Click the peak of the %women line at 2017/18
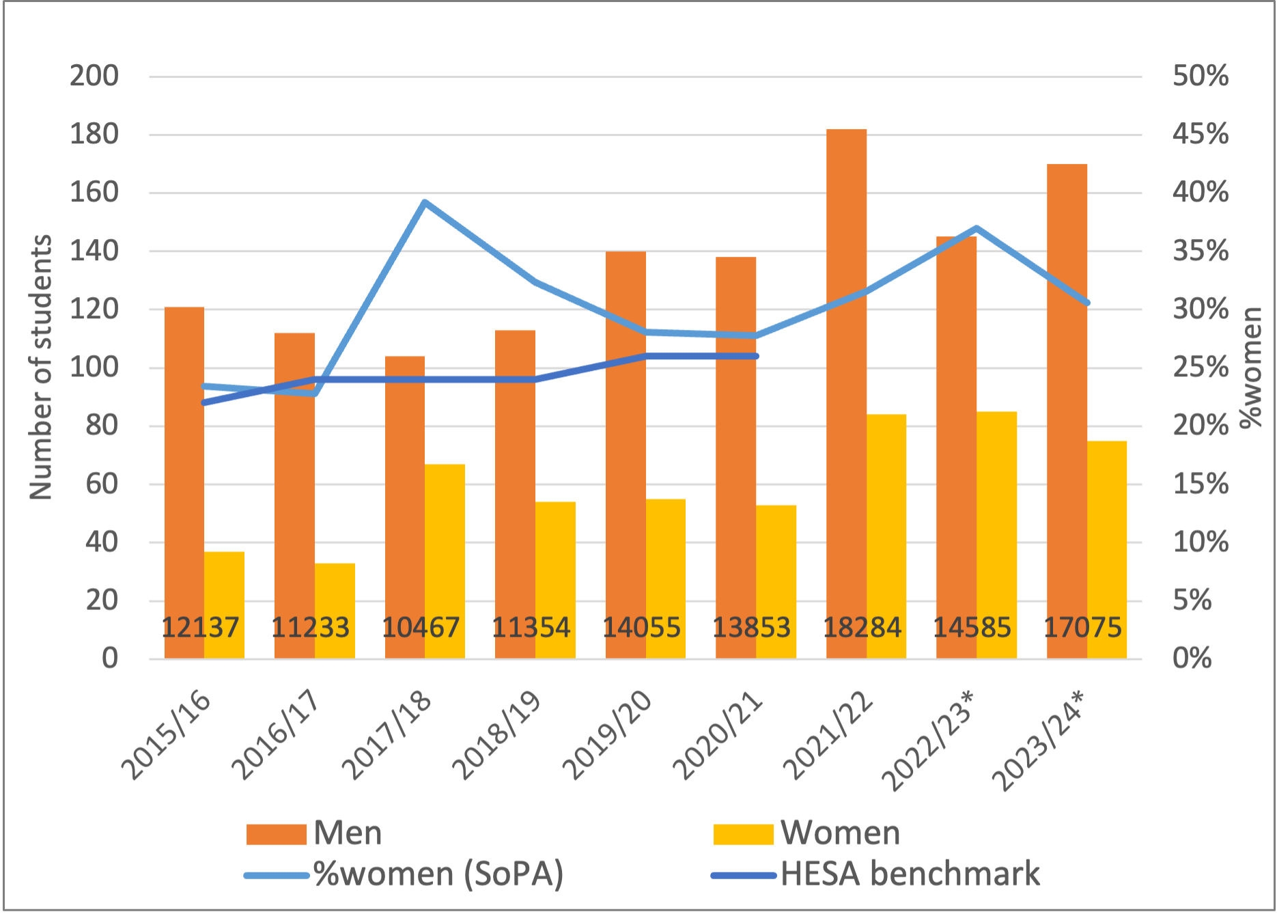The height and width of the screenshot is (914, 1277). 425,202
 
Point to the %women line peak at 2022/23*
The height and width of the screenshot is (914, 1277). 977,228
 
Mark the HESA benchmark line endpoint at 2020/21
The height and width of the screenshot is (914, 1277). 756,356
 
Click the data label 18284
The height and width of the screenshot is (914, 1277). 862,627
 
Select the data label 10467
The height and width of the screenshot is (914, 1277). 421,627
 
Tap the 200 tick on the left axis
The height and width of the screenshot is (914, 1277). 94,76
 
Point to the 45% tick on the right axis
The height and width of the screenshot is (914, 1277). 1200,134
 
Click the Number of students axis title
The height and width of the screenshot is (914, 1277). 41,368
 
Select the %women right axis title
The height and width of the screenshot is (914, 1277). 1251,368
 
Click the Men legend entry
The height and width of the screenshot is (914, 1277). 314,833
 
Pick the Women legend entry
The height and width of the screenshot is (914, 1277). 806,833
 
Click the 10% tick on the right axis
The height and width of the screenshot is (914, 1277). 1200,542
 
